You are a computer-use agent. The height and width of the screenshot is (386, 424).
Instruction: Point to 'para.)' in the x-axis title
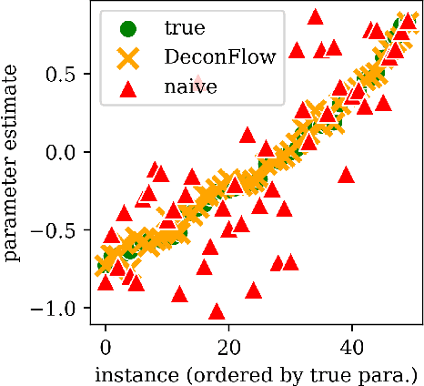392,373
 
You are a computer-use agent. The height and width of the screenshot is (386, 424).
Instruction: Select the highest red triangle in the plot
315,16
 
